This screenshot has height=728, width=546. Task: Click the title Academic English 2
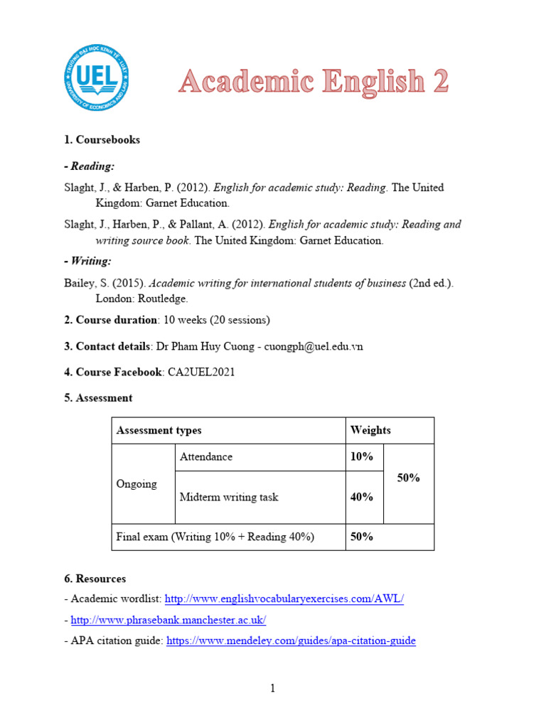314,82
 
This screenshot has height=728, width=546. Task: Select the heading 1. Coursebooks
102,139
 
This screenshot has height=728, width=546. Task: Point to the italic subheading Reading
89,166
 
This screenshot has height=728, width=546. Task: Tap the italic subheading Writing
87,261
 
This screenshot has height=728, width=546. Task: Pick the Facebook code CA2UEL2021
201,372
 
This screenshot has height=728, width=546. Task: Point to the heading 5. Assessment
98,397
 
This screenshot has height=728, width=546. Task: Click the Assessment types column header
159,430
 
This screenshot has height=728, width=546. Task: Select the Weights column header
370,430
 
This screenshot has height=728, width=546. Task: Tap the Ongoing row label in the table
136,483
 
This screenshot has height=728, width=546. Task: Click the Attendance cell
206,456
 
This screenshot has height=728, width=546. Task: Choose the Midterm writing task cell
229,497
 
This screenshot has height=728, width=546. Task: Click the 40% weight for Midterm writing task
362,497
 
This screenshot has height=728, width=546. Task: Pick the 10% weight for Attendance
362,456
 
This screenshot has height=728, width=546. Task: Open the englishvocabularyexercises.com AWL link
284,599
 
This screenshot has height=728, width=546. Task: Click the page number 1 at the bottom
272,688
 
